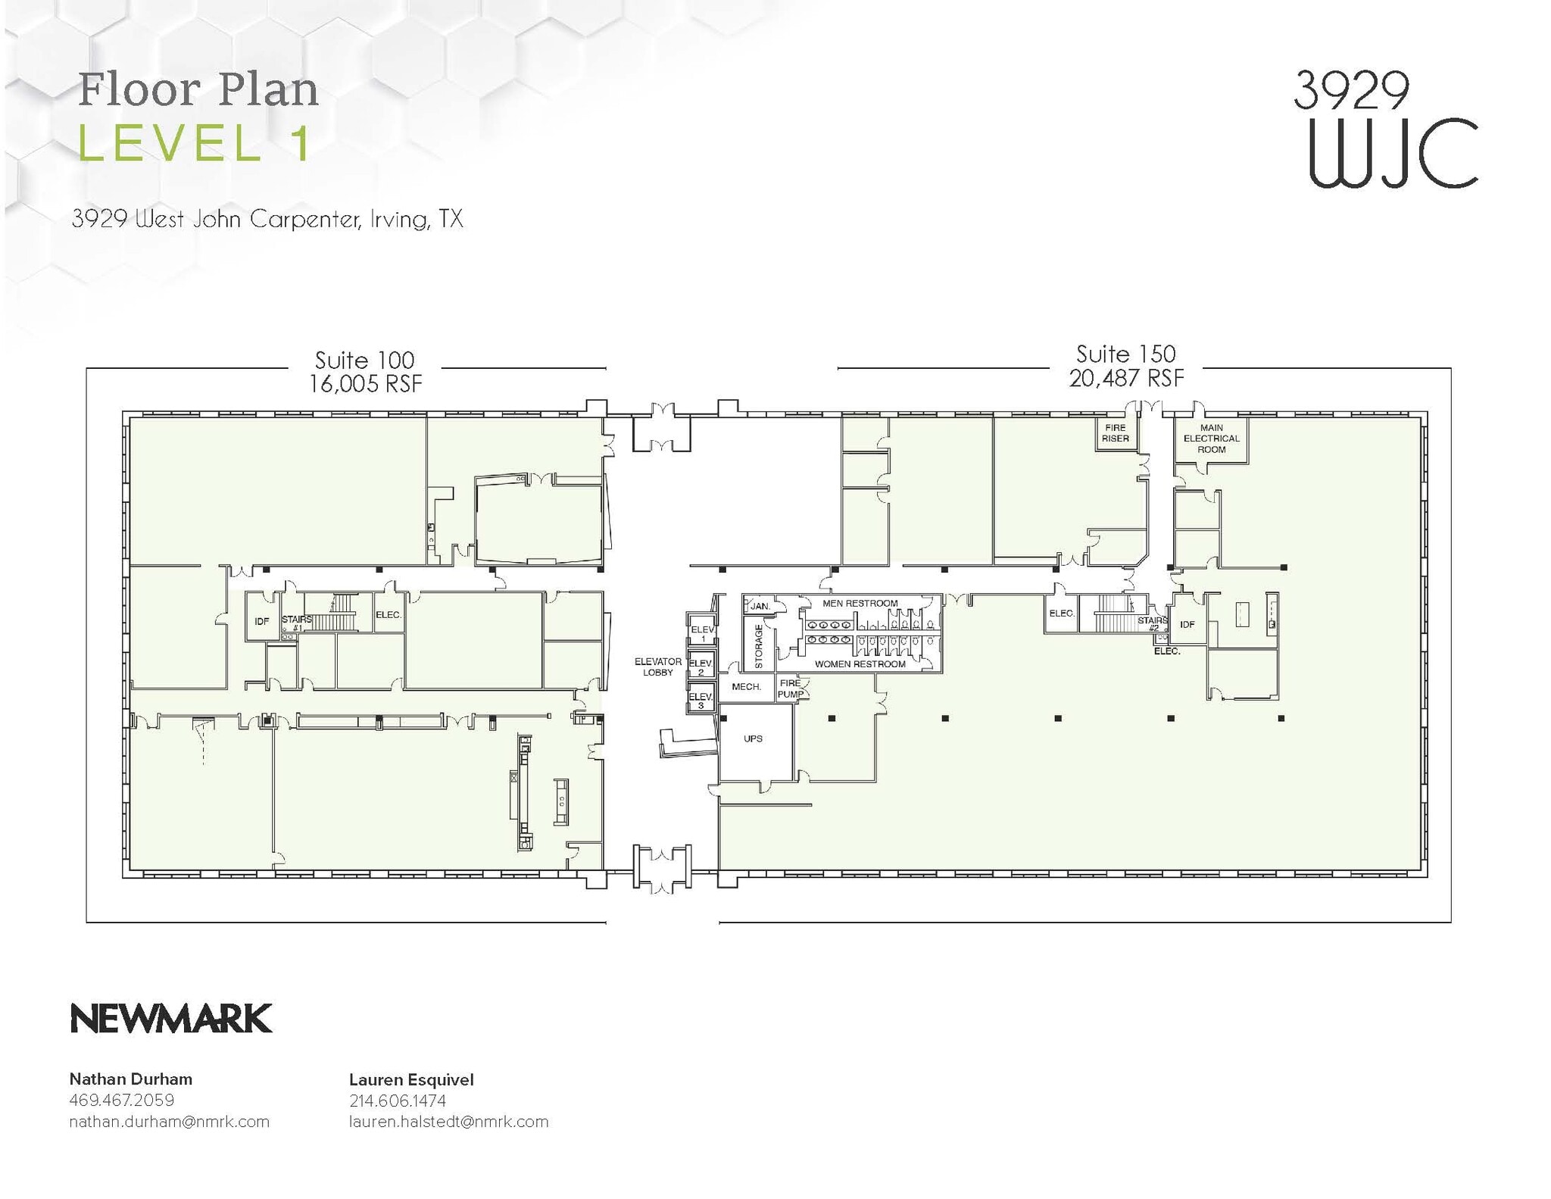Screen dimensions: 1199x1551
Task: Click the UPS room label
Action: click(753, 738)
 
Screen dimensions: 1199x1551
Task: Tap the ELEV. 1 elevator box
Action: click(702, 633)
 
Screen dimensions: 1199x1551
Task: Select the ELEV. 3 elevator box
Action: click(701, 700)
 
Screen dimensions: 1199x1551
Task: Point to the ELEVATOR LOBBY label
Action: click(658, 667)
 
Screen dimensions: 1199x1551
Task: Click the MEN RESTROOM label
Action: click(860, 604)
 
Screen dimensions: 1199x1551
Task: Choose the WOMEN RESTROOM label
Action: click(860, 664)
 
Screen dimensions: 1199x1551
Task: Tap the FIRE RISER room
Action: click(1116, 433)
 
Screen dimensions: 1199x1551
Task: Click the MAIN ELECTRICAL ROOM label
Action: click(1211, 439)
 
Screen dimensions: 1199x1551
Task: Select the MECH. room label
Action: click(746, 687)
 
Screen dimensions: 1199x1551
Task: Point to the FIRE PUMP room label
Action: click(791, 688)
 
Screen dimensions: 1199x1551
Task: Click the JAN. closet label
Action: click(760, 607)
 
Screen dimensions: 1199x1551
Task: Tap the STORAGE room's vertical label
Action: click(759, 646)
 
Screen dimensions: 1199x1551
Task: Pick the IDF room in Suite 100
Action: click(262, 621)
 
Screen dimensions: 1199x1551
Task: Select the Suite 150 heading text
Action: click(1125, 354)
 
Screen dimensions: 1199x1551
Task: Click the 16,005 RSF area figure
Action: click(365, 384)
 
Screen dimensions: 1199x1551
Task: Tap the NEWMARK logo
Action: click(171, 1019)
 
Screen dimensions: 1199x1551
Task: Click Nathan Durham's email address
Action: click(169, 1122)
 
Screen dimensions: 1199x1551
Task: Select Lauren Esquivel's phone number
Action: click(398, 1101)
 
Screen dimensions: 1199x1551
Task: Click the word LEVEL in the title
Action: click(170, 143)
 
